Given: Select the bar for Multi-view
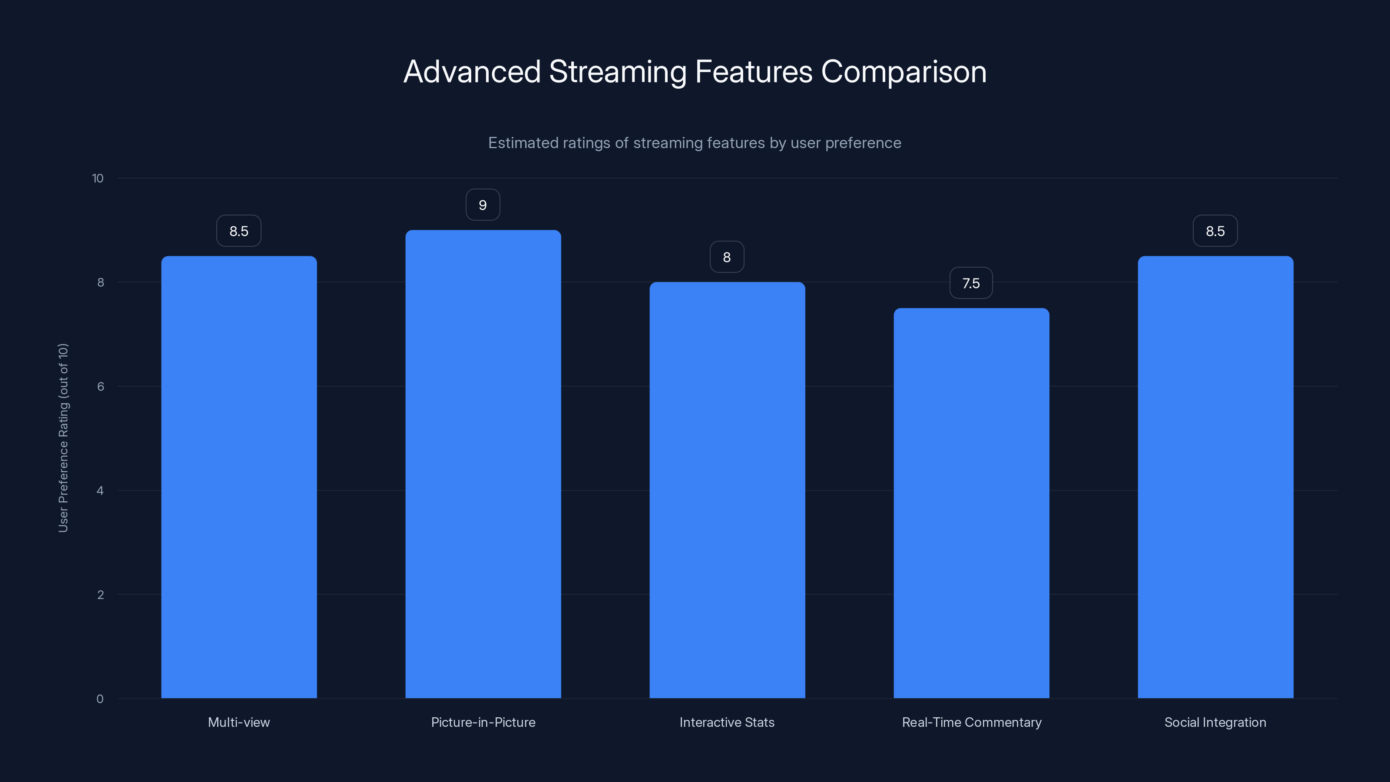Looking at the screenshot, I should coord(239,477).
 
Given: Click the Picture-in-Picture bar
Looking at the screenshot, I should coord(483,464).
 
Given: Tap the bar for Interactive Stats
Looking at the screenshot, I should coord(727,490).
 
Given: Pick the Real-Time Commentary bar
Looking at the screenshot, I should coord(971,503).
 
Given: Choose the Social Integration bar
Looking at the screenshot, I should coord(1215,477).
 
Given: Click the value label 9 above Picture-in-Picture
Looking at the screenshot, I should coord(483,205).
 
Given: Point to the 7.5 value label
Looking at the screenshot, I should coord(971,283).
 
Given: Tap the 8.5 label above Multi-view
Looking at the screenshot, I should coord(239,231).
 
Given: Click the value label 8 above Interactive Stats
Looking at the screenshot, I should coord(727,258).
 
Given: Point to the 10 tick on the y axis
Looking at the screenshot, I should coord(98,179).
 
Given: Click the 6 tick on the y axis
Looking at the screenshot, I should coord(100,386).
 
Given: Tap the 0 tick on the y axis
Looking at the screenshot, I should coord(100,699).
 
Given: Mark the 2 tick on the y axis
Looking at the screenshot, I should coord(100,595).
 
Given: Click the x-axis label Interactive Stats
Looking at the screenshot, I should coord(727,722).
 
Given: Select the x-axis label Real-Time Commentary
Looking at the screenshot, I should coord(971,722).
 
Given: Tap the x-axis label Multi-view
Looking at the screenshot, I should coord(239,722).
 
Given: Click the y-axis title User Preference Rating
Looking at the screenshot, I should coord(63,437).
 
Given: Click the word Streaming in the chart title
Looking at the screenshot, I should coord(617,72).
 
